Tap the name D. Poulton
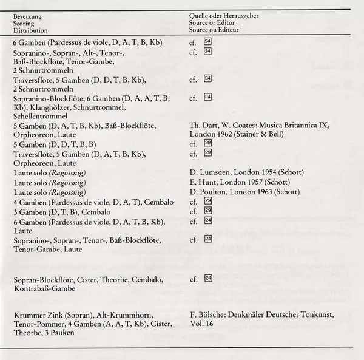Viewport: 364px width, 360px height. point(207,192)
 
